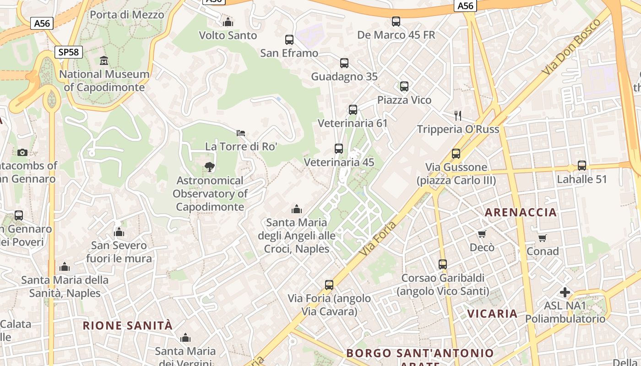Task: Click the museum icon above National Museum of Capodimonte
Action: coord(104,60)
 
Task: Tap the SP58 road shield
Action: coord(69,52)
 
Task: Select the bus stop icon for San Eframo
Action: coord(289,40)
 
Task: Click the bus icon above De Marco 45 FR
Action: coord(396,22)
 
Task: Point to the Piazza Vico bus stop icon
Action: coord(404,86)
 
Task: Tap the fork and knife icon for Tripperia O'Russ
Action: coord(457,115)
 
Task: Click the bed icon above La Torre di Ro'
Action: coord(241,133)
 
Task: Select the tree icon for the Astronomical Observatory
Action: coord(210,167)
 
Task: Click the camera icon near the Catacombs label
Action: coord(22,152)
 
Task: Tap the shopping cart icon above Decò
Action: coord(482,234)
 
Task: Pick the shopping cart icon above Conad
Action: coord(543,238)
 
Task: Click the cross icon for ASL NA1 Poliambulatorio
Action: coord(565,292)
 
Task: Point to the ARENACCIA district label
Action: coord(521,212)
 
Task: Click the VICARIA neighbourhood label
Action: coord(492,314)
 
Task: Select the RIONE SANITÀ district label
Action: coord(128,326)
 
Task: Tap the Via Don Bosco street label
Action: coord(571,48)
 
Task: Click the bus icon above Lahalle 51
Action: coord(581,166)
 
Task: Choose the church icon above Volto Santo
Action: coord(228,22)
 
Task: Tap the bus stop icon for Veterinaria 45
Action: coord(339,149)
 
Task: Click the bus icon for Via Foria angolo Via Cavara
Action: coord(329,285)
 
